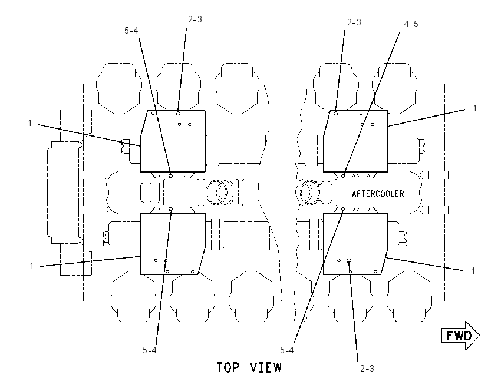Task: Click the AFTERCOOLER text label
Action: point(378,194)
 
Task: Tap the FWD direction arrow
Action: point(460,336)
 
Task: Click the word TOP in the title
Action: point(228,367)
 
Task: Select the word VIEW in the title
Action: point(266,367)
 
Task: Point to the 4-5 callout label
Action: point(411,24)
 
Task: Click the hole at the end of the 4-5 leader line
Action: point(343,175)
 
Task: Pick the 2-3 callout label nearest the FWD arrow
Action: point(367,369)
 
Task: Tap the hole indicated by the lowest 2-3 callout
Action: point(349,260)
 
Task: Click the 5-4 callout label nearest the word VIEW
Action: point(287,350)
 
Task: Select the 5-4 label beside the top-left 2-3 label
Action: point(131,30)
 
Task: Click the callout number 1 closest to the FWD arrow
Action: point(473,271)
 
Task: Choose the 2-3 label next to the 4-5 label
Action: point(354,22)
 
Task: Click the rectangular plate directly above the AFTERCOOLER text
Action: point(355,141)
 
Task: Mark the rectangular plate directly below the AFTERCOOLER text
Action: point(355,244)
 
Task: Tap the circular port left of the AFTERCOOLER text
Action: point(307,193)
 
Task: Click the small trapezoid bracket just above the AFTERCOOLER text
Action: point(355,175)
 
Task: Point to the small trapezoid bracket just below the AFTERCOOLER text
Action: point(355,210)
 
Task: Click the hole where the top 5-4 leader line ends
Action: point(171,175)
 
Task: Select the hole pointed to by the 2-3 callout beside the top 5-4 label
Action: point(178,113)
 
